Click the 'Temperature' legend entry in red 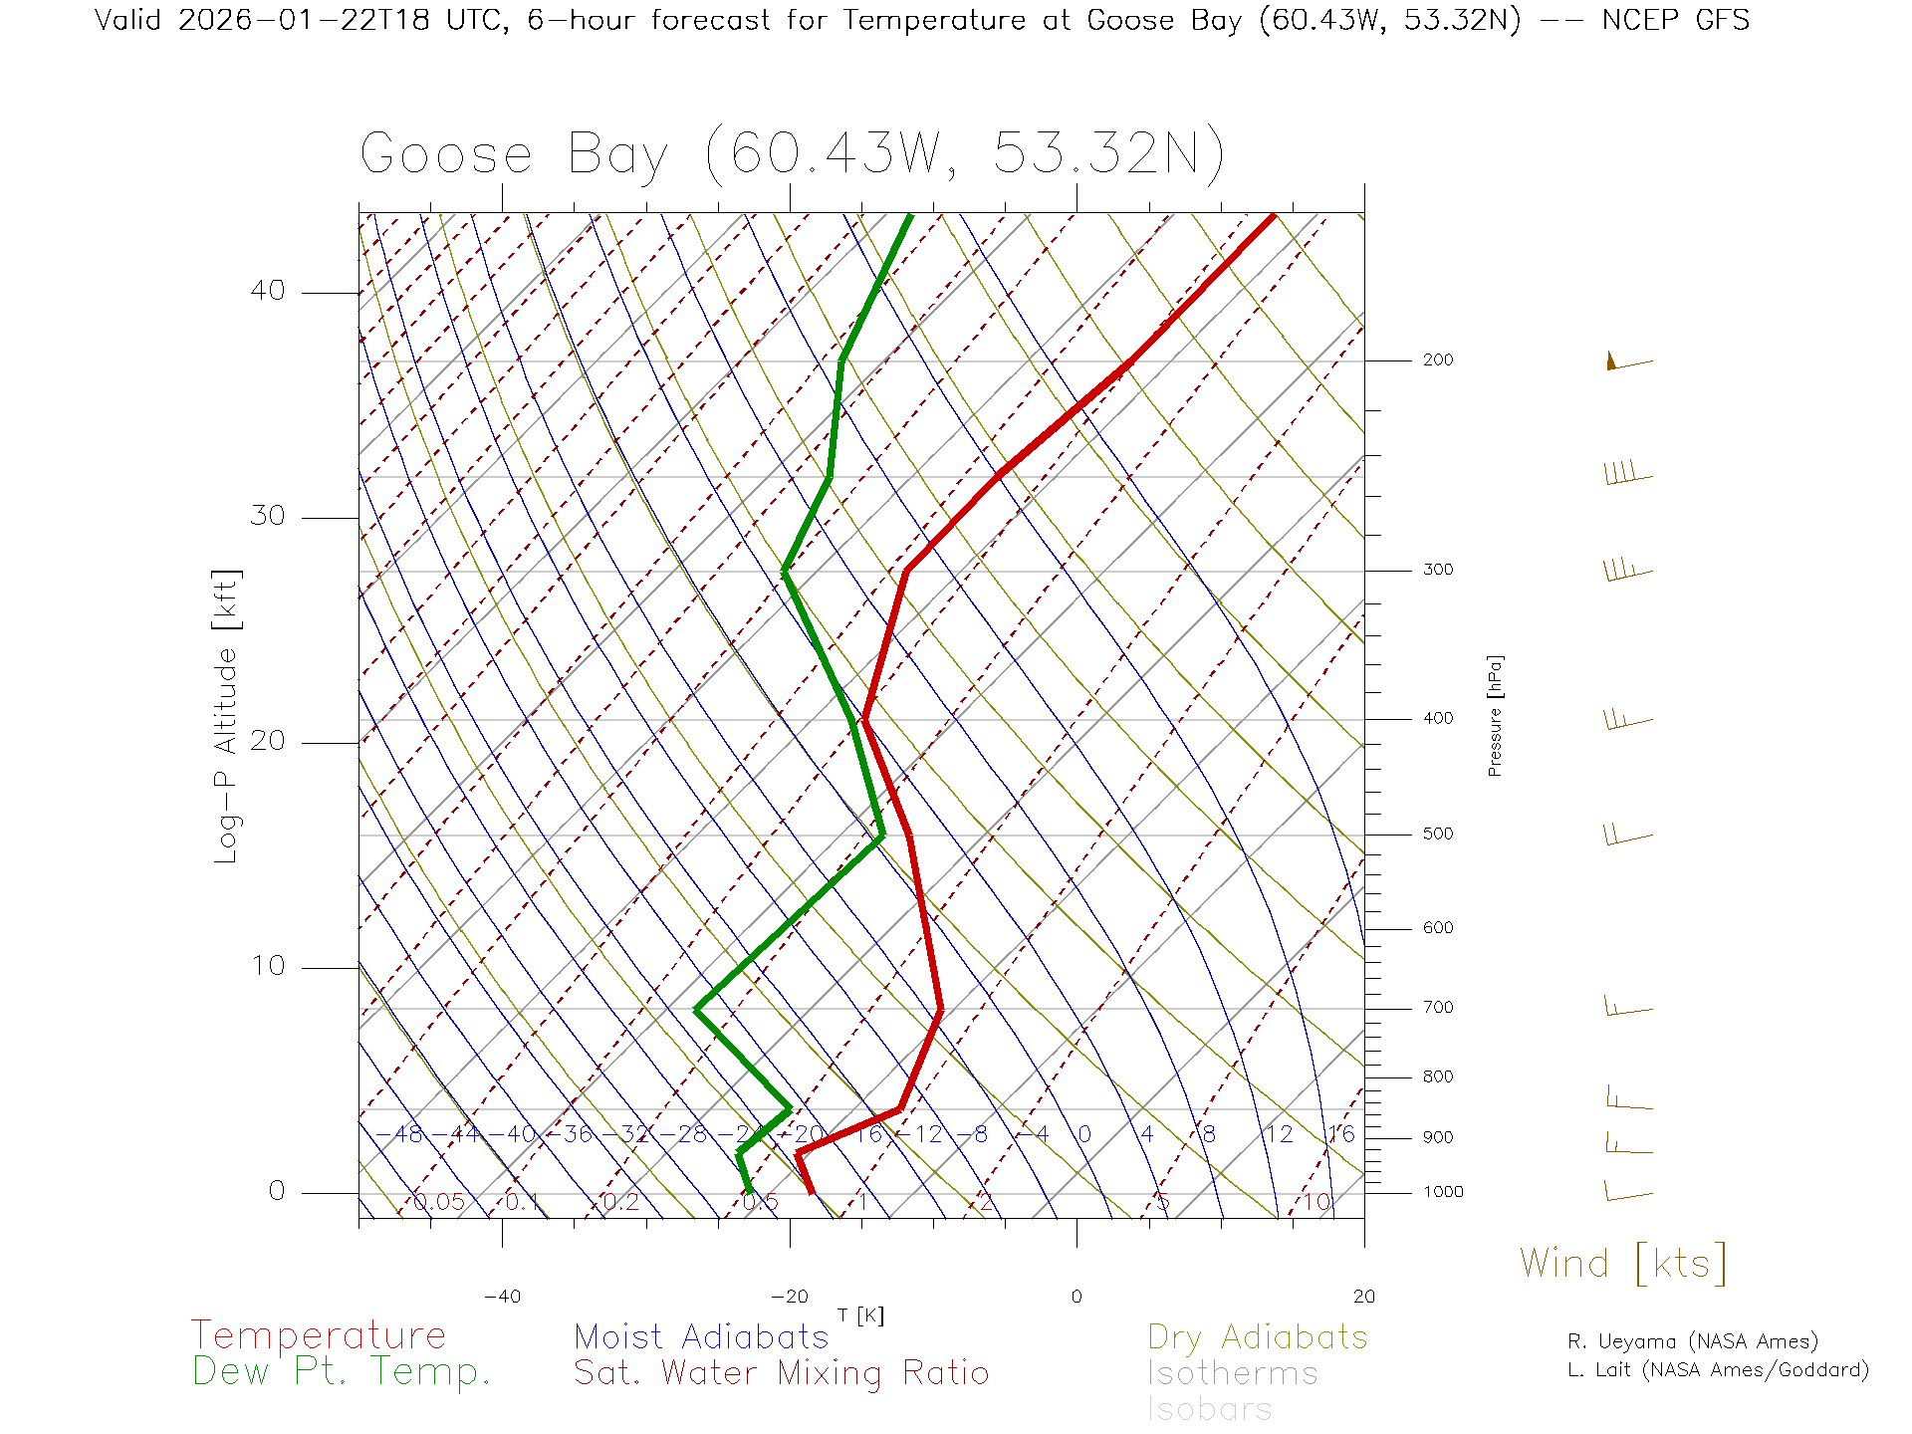point(319,1335)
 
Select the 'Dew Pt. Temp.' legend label point(342,1372)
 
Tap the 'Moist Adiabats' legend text point(701,1336)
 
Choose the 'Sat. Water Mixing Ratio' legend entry point(781,1373)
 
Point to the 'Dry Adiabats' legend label point(1257,1336)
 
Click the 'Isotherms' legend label point(1232,1373)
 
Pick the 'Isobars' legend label point(1209,1409)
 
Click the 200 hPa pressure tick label point(1438,360)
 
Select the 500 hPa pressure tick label point(1438,835)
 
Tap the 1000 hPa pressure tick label point(1443,1192)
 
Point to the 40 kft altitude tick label point(268,291)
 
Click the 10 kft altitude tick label point(268,966)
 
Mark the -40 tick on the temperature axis point(502,1297)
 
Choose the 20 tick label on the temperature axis point(1363,1297)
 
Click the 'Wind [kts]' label point(1623,1264)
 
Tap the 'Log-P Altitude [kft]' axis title point(227,716)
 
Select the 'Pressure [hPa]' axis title point(1495,716)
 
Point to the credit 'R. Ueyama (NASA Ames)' point(1693,1341)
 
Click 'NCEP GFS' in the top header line point(1675,20)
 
